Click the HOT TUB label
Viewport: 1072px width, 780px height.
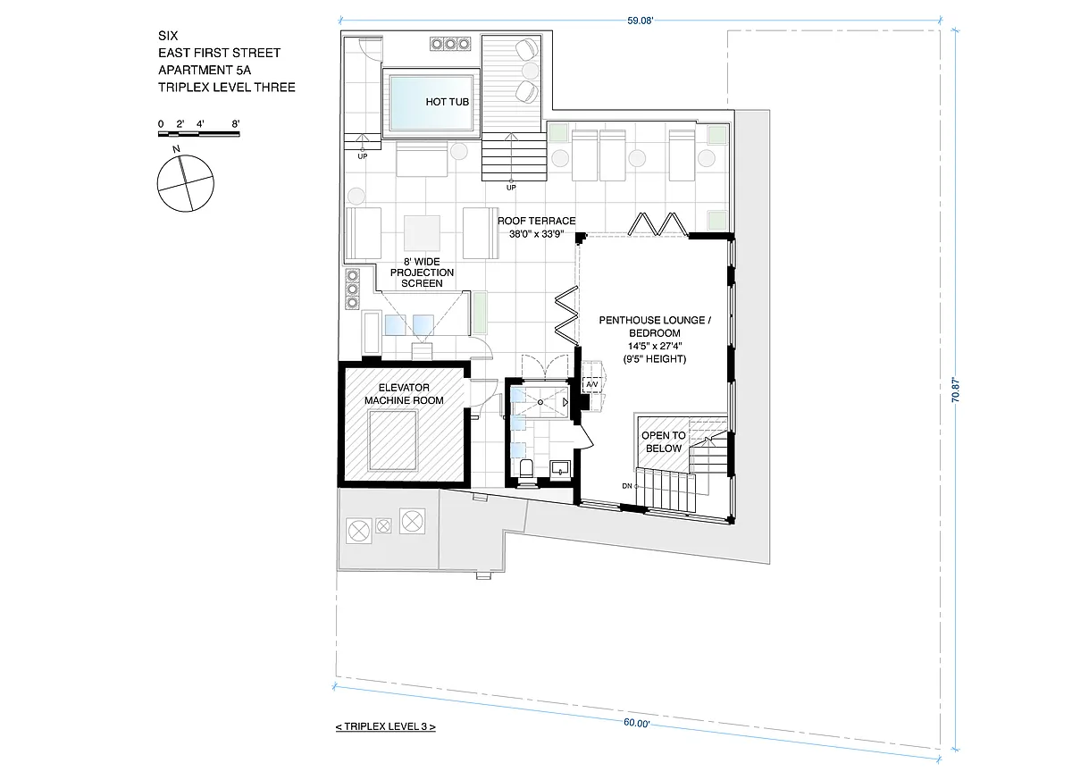447,102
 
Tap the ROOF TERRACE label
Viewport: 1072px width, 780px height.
536,221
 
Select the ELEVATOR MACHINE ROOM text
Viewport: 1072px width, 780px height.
404,394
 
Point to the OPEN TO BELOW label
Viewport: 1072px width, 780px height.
663,441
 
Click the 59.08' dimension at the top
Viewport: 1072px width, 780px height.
640,21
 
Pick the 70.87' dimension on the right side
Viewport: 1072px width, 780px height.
955,390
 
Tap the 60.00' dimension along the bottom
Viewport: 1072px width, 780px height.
636,723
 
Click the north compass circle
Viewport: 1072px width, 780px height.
186,183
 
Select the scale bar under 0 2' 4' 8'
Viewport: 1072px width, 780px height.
198,134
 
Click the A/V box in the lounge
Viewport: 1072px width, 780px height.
592,384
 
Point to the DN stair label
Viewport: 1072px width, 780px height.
627,486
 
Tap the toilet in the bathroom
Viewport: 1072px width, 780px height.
526,468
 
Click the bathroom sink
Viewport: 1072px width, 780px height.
559,468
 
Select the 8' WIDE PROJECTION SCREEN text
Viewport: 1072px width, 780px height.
422,273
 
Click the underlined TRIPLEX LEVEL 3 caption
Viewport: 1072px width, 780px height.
386,726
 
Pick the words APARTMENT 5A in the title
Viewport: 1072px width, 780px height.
205,71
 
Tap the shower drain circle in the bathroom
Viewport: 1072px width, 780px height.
540,402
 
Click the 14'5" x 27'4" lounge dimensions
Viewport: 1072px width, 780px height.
655,346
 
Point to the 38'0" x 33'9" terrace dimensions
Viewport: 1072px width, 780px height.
536,234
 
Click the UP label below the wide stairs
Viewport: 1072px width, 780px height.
511,188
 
